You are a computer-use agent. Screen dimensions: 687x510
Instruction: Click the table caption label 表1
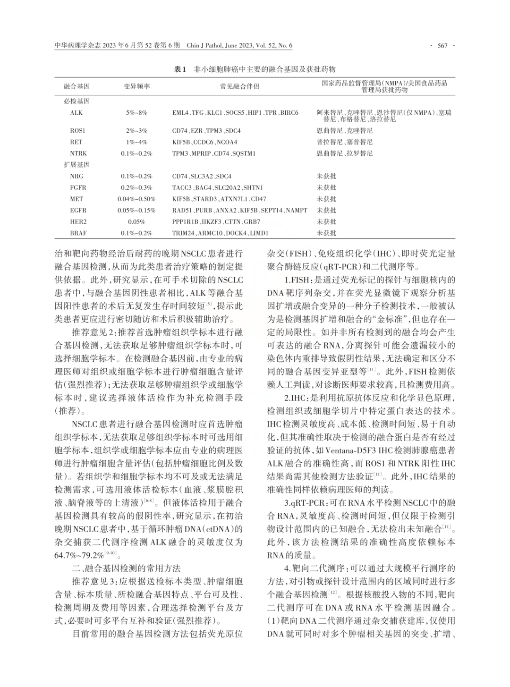coord(181,69)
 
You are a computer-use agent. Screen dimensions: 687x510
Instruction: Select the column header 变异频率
coord(136,86)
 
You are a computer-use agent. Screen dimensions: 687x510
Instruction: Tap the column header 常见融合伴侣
coord(239,86)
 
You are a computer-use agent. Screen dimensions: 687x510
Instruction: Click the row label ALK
coord(76,113)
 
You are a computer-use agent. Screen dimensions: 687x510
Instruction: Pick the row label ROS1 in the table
coord(77,130)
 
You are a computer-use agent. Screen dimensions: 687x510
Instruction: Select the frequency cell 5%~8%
coord(136,113)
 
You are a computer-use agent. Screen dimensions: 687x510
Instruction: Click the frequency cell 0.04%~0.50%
coord(136,199)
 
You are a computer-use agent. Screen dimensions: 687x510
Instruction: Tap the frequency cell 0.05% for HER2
coord(136,221)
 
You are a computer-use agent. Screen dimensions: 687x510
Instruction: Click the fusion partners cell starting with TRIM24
coord(220,233)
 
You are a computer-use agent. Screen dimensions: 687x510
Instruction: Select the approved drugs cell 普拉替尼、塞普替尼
coord(344,142)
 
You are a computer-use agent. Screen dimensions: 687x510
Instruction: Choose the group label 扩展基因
coord(76,165)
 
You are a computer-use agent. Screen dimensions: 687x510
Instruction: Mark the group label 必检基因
coord(76,101)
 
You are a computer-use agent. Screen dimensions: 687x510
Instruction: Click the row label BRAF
coord(78,233)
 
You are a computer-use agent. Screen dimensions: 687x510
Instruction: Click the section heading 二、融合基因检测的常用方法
coord(126,568)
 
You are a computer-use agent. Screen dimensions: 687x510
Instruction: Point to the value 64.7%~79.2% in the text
coord(79,555)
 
